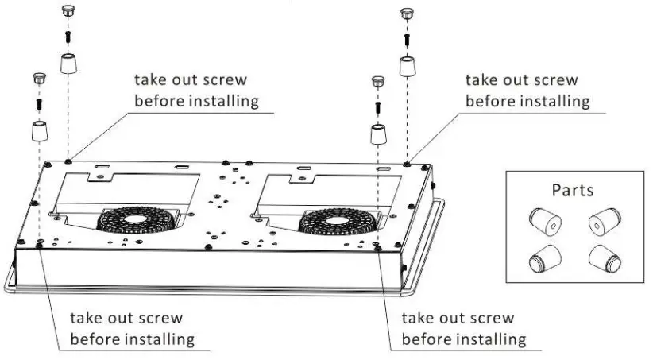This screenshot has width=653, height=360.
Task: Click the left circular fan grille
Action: (x=133, y=219)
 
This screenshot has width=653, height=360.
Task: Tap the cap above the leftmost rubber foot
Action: (x=37, y=78)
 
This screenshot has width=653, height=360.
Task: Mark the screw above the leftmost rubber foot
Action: (x=39, y=103)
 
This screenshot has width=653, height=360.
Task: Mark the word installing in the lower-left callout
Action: (x=160, y=339)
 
